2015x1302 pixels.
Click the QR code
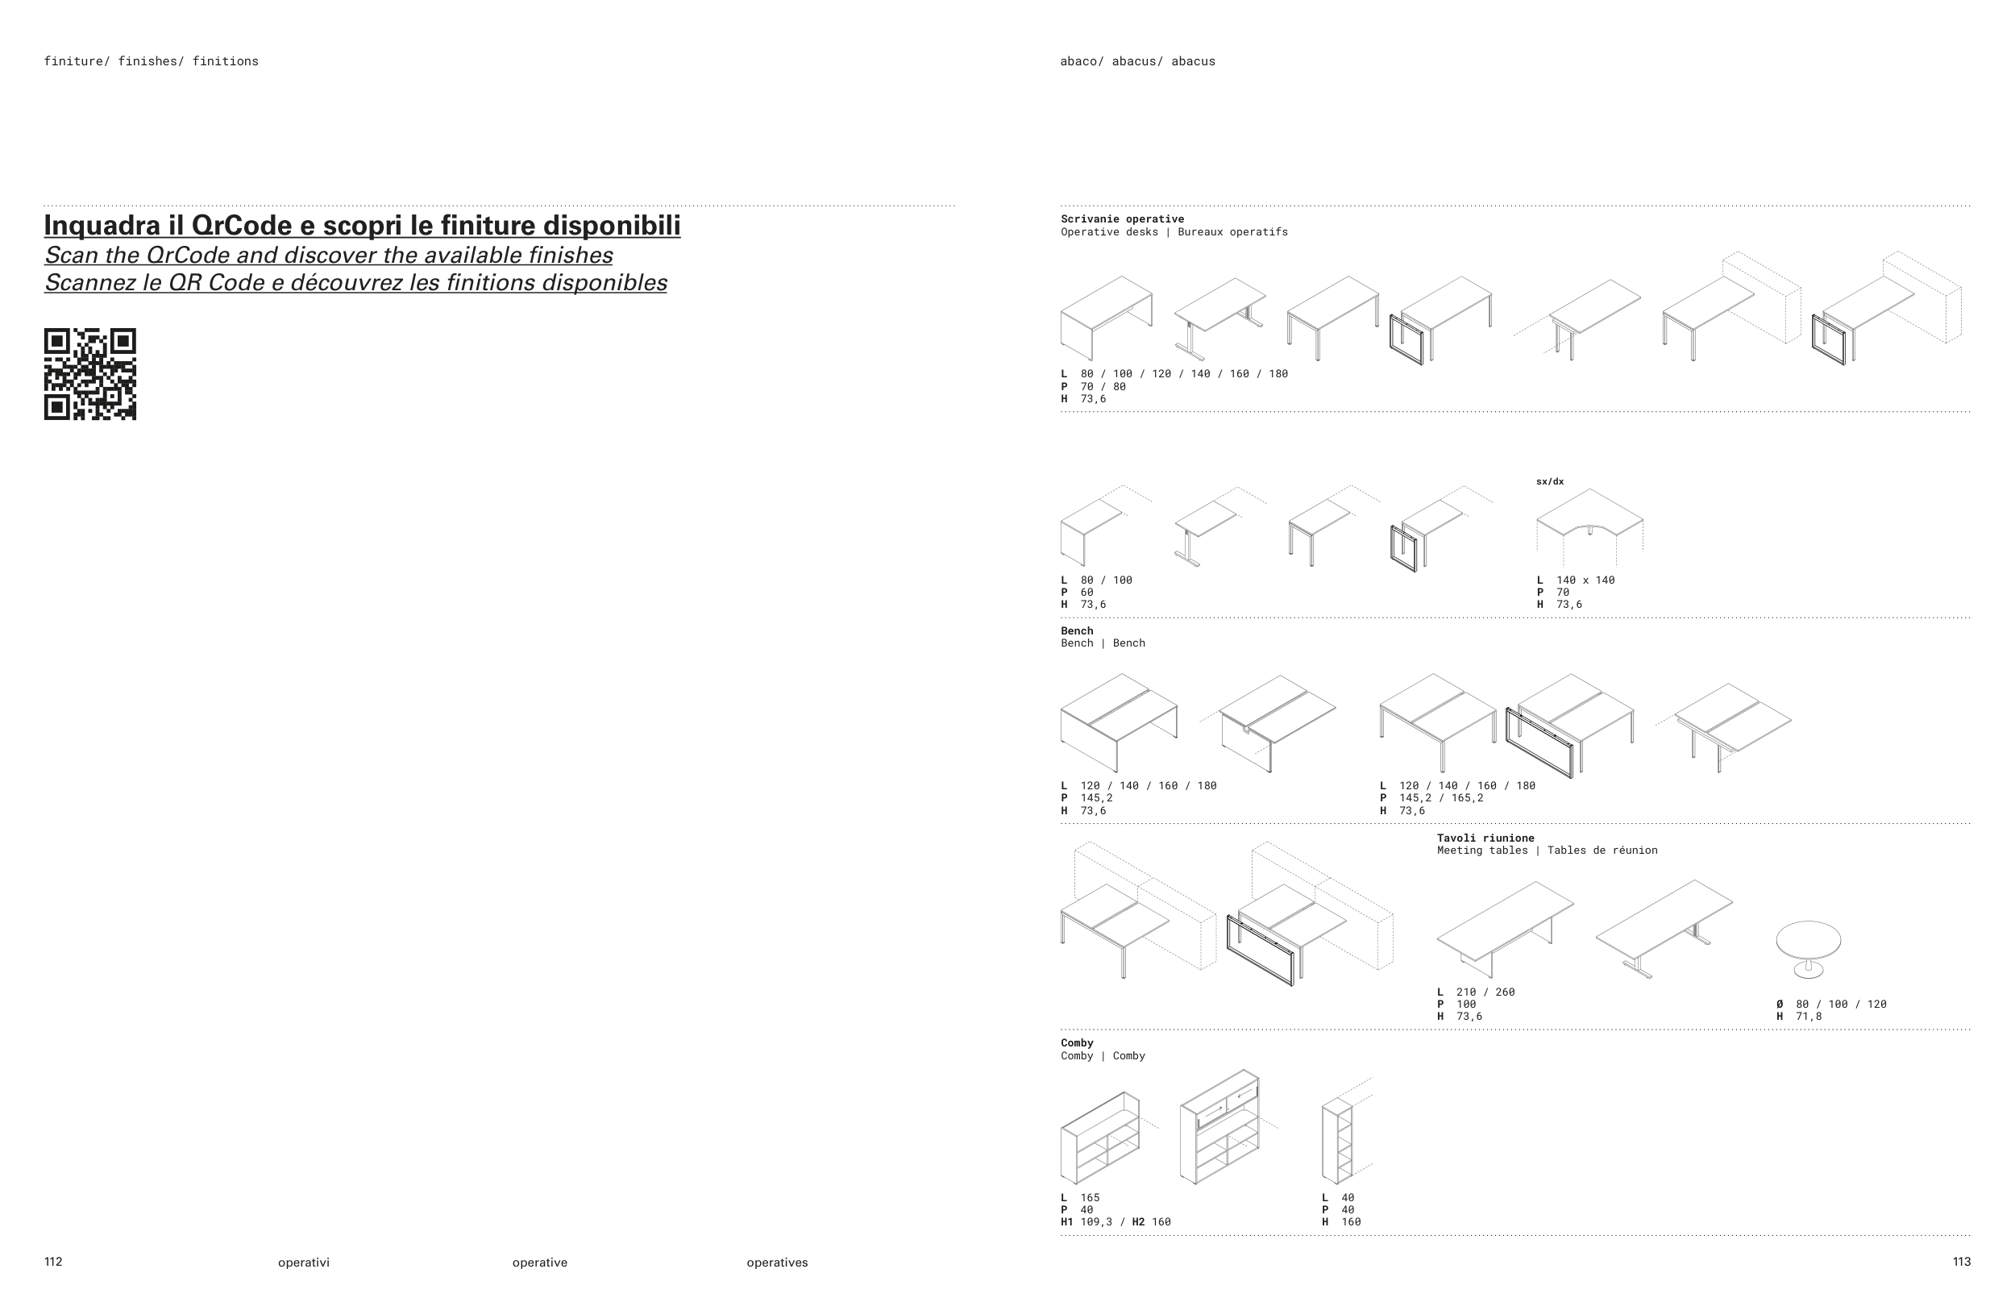(89, 374)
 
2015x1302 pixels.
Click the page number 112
(53, 1262)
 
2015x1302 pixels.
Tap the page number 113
(1961, 1262)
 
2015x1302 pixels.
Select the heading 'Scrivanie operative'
(1122, 219)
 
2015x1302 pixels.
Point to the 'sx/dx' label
(1549, 481)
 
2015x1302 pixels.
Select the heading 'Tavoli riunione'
(1485, 838)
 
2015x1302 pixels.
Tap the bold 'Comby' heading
(1077, 1042)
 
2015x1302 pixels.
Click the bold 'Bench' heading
(1077, 630)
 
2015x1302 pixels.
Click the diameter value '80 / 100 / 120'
(1841, 1004)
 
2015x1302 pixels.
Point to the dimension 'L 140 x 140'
(1577, 580)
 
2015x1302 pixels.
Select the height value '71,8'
(1809, 1017)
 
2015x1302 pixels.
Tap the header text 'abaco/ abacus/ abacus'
(1136, 61)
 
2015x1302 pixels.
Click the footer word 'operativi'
(303, 1262)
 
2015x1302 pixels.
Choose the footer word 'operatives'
(777, 1262)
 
